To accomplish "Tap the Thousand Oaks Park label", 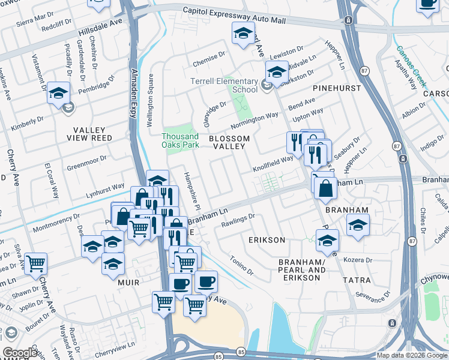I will (x=180, y=140).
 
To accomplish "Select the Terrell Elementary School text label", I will (x=224, y=85).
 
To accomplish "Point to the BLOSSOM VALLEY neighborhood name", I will (x=227, y=142).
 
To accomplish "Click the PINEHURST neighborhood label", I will (x=337, y=88).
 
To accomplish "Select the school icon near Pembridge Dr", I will (x=58, y=92).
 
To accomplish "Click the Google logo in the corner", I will (x=20, y=353).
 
